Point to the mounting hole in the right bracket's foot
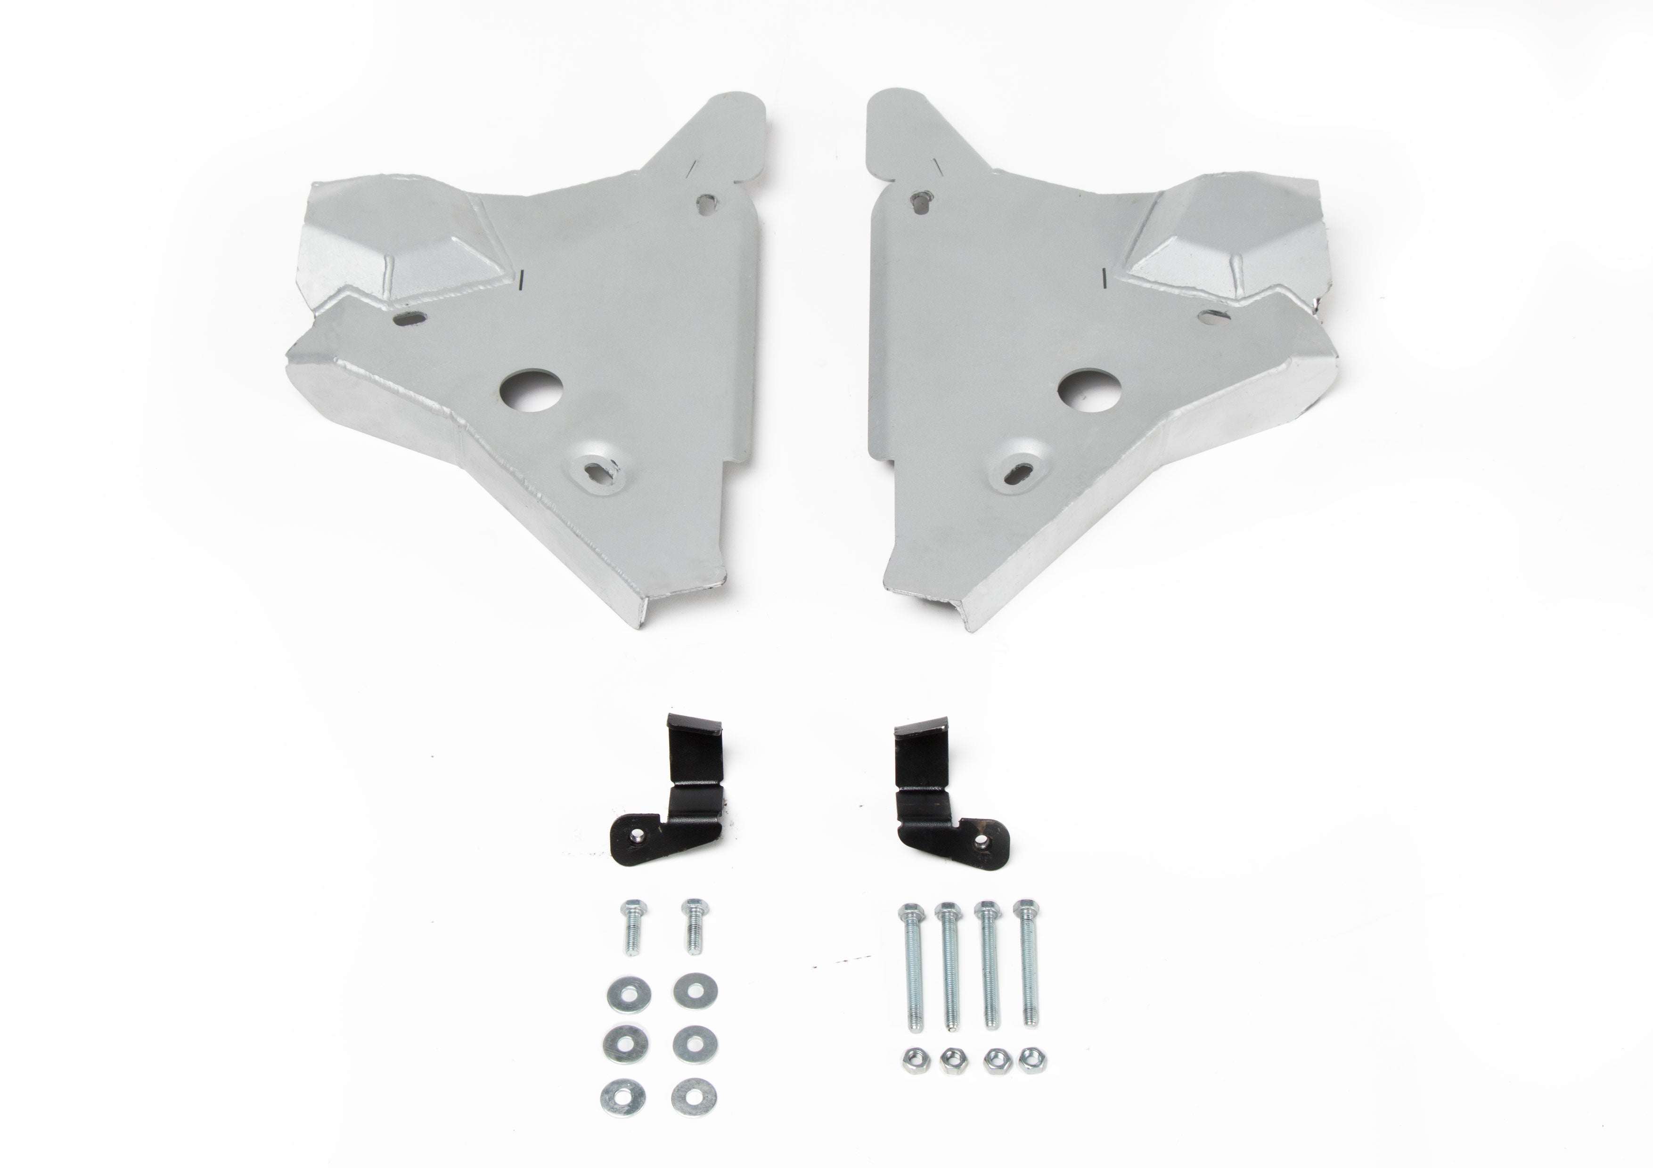[981, 838]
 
